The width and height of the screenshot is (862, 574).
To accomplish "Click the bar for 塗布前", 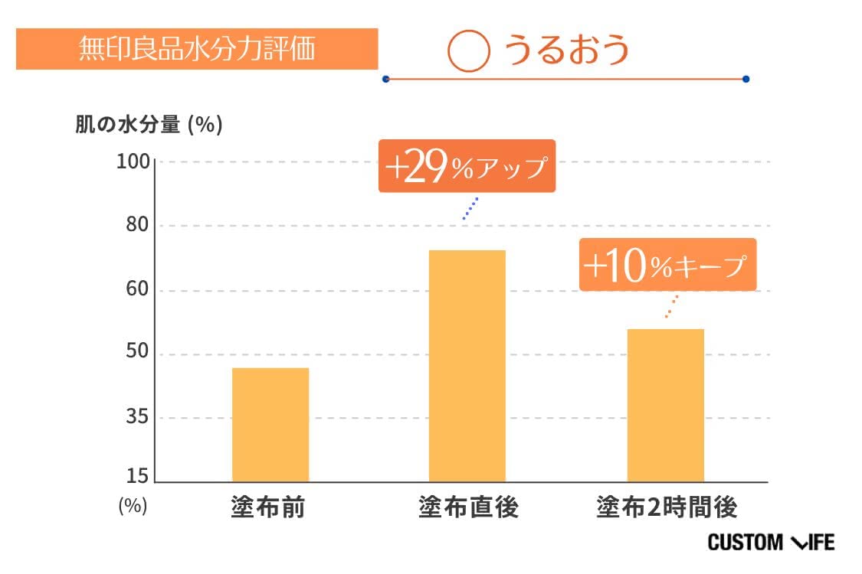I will point(270,425).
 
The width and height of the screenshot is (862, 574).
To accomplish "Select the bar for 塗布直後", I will point(467,366).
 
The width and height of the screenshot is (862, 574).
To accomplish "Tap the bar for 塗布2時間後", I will point(665,406).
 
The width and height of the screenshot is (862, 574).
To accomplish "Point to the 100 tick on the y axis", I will point(135,162).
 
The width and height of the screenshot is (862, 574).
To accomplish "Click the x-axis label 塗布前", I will point(267,507).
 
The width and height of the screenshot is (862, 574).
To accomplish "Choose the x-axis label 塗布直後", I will point(468,507).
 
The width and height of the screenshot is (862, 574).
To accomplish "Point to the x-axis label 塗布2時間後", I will point(667,507).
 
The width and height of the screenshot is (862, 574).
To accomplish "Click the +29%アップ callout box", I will point(466,166).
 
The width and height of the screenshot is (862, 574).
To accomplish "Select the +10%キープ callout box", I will point(667,265).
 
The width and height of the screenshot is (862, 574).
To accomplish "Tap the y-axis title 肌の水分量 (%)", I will point(149,125).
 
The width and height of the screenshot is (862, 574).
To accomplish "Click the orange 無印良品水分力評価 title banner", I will point(197,49).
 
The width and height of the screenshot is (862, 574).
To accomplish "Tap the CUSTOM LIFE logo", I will point(771,543).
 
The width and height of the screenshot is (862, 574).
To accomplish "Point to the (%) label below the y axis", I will point(132,507).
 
